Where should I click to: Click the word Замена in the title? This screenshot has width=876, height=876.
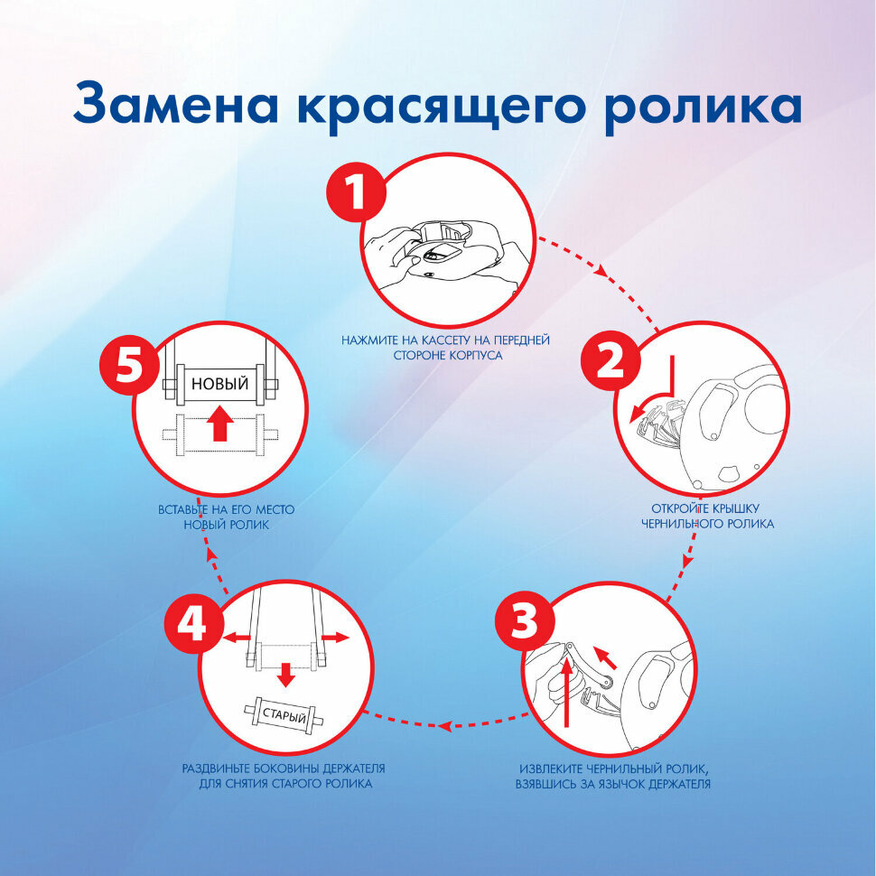pos(175,105)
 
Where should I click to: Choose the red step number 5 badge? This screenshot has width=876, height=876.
pos(129,367)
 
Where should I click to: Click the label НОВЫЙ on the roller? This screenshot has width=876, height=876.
pos(219,384)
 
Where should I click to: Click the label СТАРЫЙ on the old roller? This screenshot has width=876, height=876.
pos(284,715)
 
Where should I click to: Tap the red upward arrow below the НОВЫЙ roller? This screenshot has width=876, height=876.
pos(219,424)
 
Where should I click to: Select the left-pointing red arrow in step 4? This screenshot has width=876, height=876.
pos(237,637)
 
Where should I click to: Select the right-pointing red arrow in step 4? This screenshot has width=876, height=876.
pos(335,638)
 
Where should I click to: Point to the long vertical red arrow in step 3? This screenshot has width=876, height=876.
pos(566,692)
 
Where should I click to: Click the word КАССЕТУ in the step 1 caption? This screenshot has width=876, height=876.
pos(445,340)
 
